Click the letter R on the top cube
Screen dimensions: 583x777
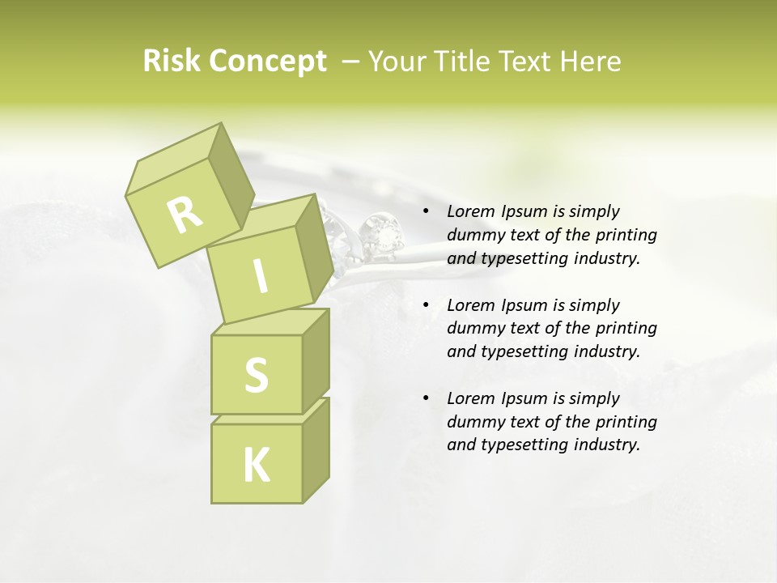pyautogui.click(x=185, y=214)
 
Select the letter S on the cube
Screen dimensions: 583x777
pyautogui.click(x=256, y=375)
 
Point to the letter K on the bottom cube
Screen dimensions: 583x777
pyautogui.click(x=256, y=466)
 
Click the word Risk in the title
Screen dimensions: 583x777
pyautogui.click(x=171, y=62)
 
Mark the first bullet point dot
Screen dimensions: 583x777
pyautogui.click(x=426, y=212)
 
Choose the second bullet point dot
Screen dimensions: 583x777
pyautogui.click(x=426, y=306)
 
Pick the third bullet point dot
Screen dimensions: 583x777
pyautogui.click(x=426, y=399)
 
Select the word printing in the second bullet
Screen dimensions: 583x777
pyautogui.click(x=626, y=329)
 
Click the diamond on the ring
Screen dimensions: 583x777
pyautogui.click(x=382, y=235)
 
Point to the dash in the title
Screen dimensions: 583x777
pyautogui.click(x=351, y=62)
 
